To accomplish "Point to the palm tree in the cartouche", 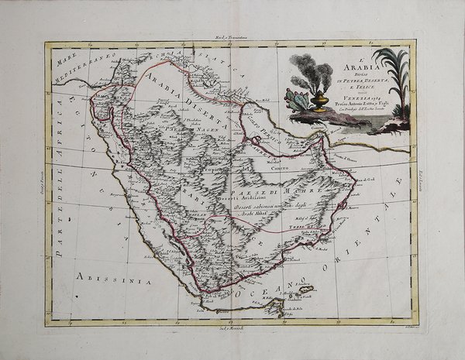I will pyautogui.click(x=389, y=77).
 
